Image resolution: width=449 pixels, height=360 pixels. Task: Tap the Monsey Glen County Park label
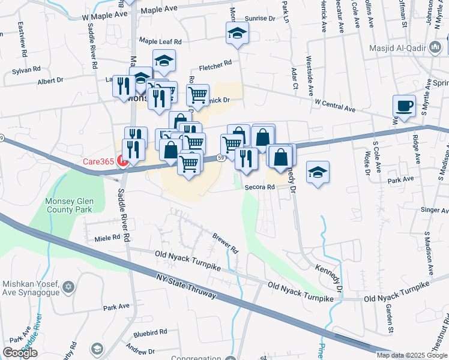68,205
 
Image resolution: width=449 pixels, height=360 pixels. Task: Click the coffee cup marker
404,106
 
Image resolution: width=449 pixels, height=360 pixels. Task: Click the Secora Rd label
259,187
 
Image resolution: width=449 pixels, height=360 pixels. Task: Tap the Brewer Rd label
226,242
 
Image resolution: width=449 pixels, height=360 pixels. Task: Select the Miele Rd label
107,238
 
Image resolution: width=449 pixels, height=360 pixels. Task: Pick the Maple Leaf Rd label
160,41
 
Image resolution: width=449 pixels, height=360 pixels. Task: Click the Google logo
20,352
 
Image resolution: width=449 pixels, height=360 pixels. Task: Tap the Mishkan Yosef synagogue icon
68,271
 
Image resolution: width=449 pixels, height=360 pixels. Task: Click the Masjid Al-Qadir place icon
435,47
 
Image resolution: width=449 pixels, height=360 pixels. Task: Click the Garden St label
390,319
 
